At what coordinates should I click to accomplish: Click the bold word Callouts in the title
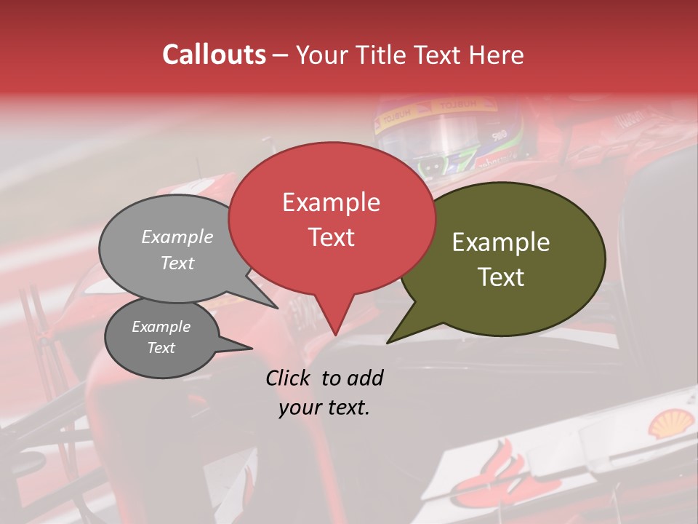214,55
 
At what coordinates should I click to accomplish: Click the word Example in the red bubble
331,202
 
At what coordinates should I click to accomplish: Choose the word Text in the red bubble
331,237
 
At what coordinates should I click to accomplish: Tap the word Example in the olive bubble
501,242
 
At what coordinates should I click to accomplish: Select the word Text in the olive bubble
501,277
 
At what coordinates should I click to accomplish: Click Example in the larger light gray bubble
177,237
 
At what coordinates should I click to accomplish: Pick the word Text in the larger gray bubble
177,263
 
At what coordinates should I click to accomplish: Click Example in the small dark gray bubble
161,327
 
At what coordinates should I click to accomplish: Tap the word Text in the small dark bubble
161,348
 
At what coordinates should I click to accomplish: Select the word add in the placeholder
365,378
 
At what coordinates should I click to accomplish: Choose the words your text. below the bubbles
324,408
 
